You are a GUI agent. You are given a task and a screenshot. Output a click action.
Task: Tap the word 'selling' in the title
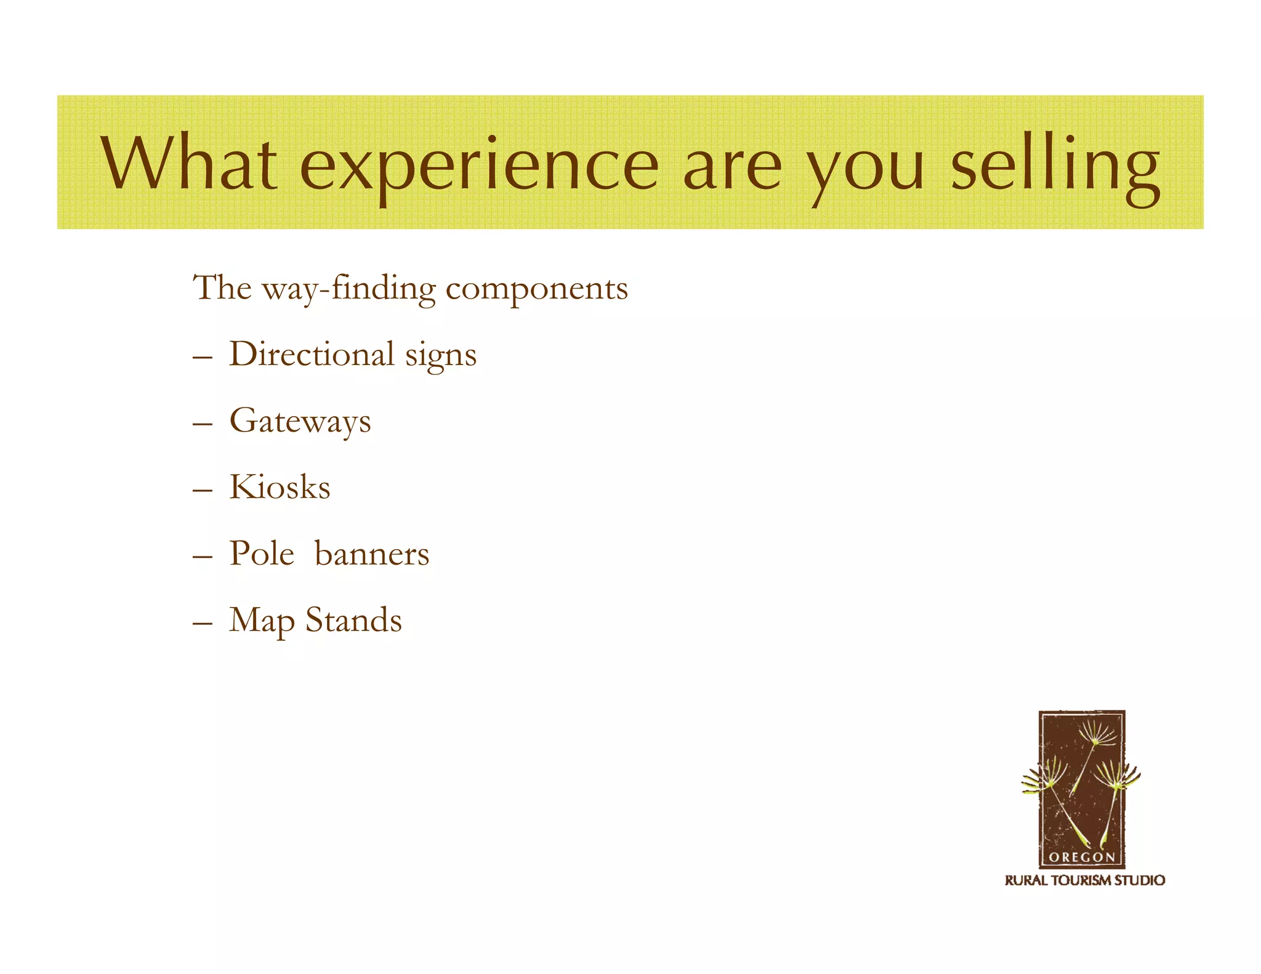1055,165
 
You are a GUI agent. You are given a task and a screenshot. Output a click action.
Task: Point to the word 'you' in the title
868,169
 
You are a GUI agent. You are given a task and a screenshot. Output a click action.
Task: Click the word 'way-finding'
348,289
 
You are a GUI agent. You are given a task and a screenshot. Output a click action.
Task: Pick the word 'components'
536,289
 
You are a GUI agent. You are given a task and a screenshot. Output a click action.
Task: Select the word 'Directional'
312,354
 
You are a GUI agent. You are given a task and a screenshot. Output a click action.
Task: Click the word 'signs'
441,357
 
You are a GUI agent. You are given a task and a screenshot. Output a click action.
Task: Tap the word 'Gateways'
300,422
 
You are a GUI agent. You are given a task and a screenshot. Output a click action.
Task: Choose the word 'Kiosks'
280,487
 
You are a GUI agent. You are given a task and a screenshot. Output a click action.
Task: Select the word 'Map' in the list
262,621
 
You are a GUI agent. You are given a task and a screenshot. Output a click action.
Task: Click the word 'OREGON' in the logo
1081,857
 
